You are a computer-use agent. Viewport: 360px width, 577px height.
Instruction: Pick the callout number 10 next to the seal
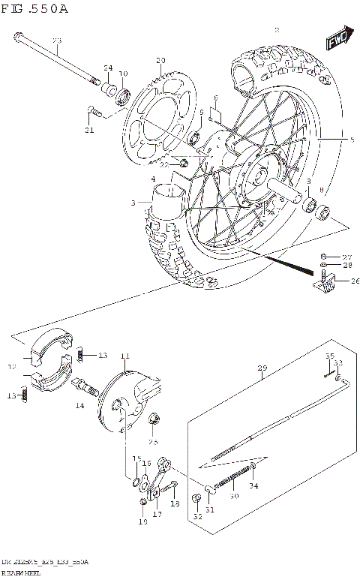tap(124, 74)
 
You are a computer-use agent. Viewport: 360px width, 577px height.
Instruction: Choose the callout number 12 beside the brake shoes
tap(11, 368)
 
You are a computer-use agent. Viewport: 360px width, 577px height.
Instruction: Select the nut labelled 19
tap(143, 501)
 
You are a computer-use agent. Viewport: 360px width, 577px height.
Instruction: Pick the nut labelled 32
tap(198, 499)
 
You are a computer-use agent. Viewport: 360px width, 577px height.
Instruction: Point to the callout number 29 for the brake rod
tap(262, 368)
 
